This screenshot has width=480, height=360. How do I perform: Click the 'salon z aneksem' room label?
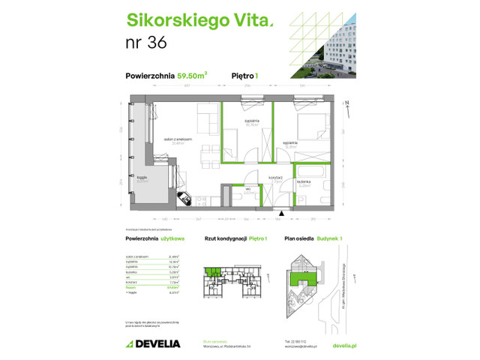pyautogui.click(x=180, y=139)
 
